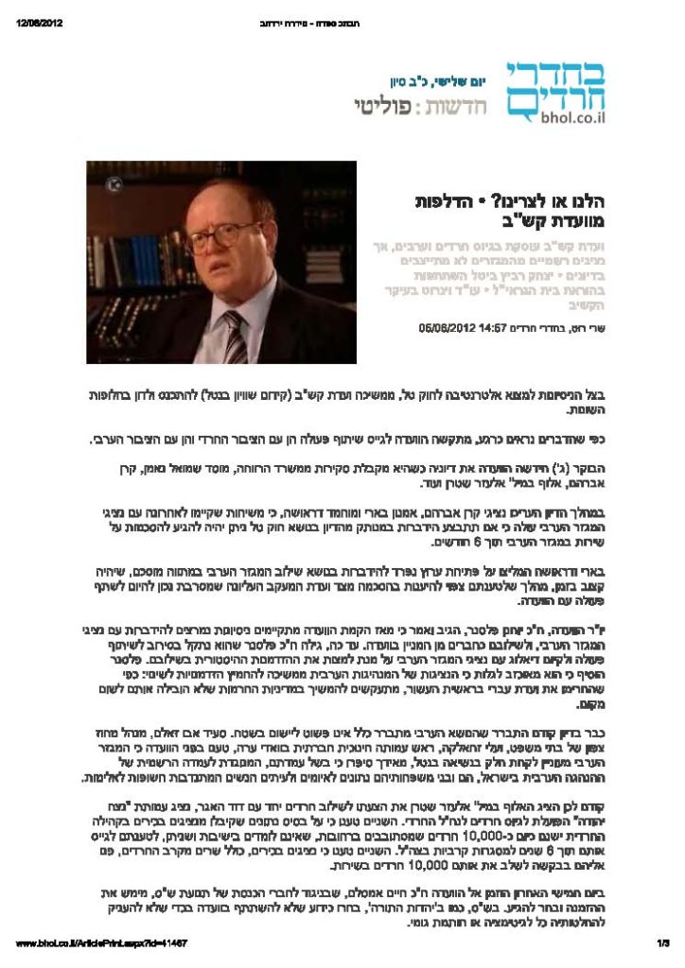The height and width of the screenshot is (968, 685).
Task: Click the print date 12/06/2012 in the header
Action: (39, 24)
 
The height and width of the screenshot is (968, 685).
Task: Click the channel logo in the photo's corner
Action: (99, 174)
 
